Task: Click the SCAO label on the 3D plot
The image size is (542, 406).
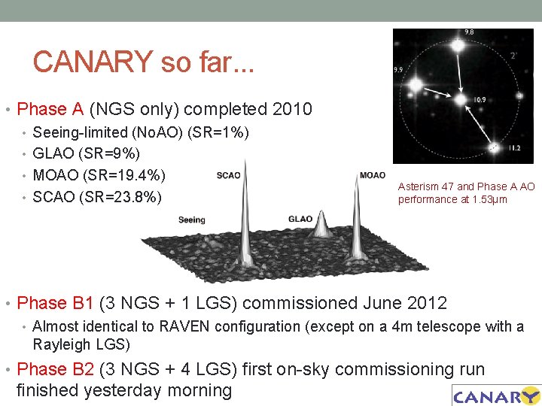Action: tap(229, 176)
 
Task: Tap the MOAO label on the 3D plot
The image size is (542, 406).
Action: tap(373, 175)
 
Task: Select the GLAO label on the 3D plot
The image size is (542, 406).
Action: tap(300, 219)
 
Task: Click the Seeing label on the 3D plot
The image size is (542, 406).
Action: tap(191, 220)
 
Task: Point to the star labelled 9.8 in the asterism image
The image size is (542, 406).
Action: tap(458, 46)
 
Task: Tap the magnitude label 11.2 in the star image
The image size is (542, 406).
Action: tap(514, 148)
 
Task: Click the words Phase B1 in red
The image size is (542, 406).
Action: tap(52, 304)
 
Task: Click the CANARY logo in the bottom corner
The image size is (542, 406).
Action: tap(495, 395)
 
